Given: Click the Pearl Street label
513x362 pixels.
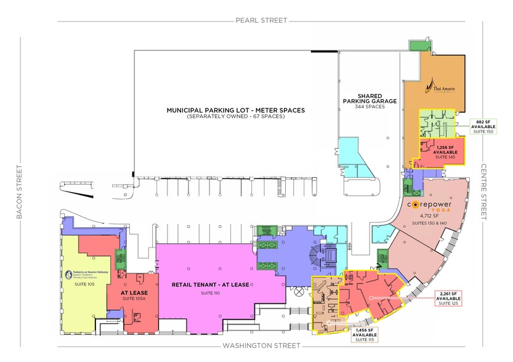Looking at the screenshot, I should tap(261, 20).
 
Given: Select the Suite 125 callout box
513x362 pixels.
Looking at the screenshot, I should tap(446, 298).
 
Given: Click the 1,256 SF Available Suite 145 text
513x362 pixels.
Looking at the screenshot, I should tap(440, 151).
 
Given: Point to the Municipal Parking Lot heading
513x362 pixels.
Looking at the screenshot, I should tap(236, 110).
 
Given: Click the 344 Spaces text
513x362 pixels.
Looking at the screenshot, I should tap(370, 107).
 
